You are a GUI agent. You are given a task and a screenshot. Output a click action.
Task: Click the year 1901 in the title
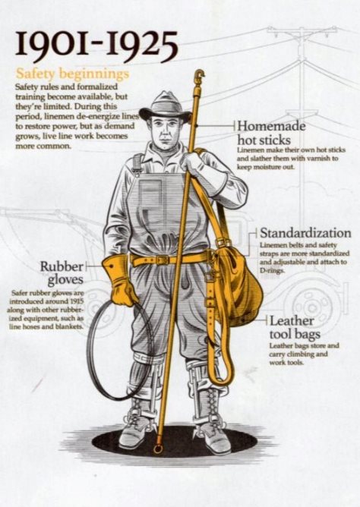(52, 44)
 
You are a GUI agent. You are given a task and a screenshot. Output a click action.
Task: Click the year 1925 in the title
(142, 45)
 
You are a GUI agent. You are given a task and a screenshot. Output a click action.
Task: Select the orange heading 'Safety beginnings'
(72, 74)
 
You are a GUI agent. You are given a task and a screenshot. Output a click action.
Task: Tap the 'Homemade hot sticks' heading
(271, 134)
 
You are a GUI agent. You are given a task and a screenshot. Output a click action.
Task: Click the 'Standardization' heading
(305, 233)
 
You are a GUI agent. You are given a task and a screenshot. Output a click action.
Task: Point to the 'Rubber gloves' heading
(62, 273)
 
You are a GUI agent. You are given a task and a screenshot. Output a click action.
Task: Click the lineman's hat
(166, 107)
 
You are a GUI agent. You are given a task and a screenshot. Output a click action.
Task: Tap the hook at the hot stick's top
(199, 75)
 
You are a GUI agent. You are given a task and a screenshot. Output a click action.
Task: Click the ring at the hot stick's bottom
(158, 449)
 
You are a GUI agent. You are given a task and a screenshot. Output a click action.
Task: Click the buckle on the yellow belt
(162, 260)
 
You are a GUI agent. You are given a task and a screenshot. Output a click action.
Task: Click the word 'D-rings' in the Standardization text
(273, 270)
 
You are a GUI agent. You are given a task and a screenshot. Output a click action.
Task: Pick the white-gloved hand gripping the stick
(191, 162)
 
